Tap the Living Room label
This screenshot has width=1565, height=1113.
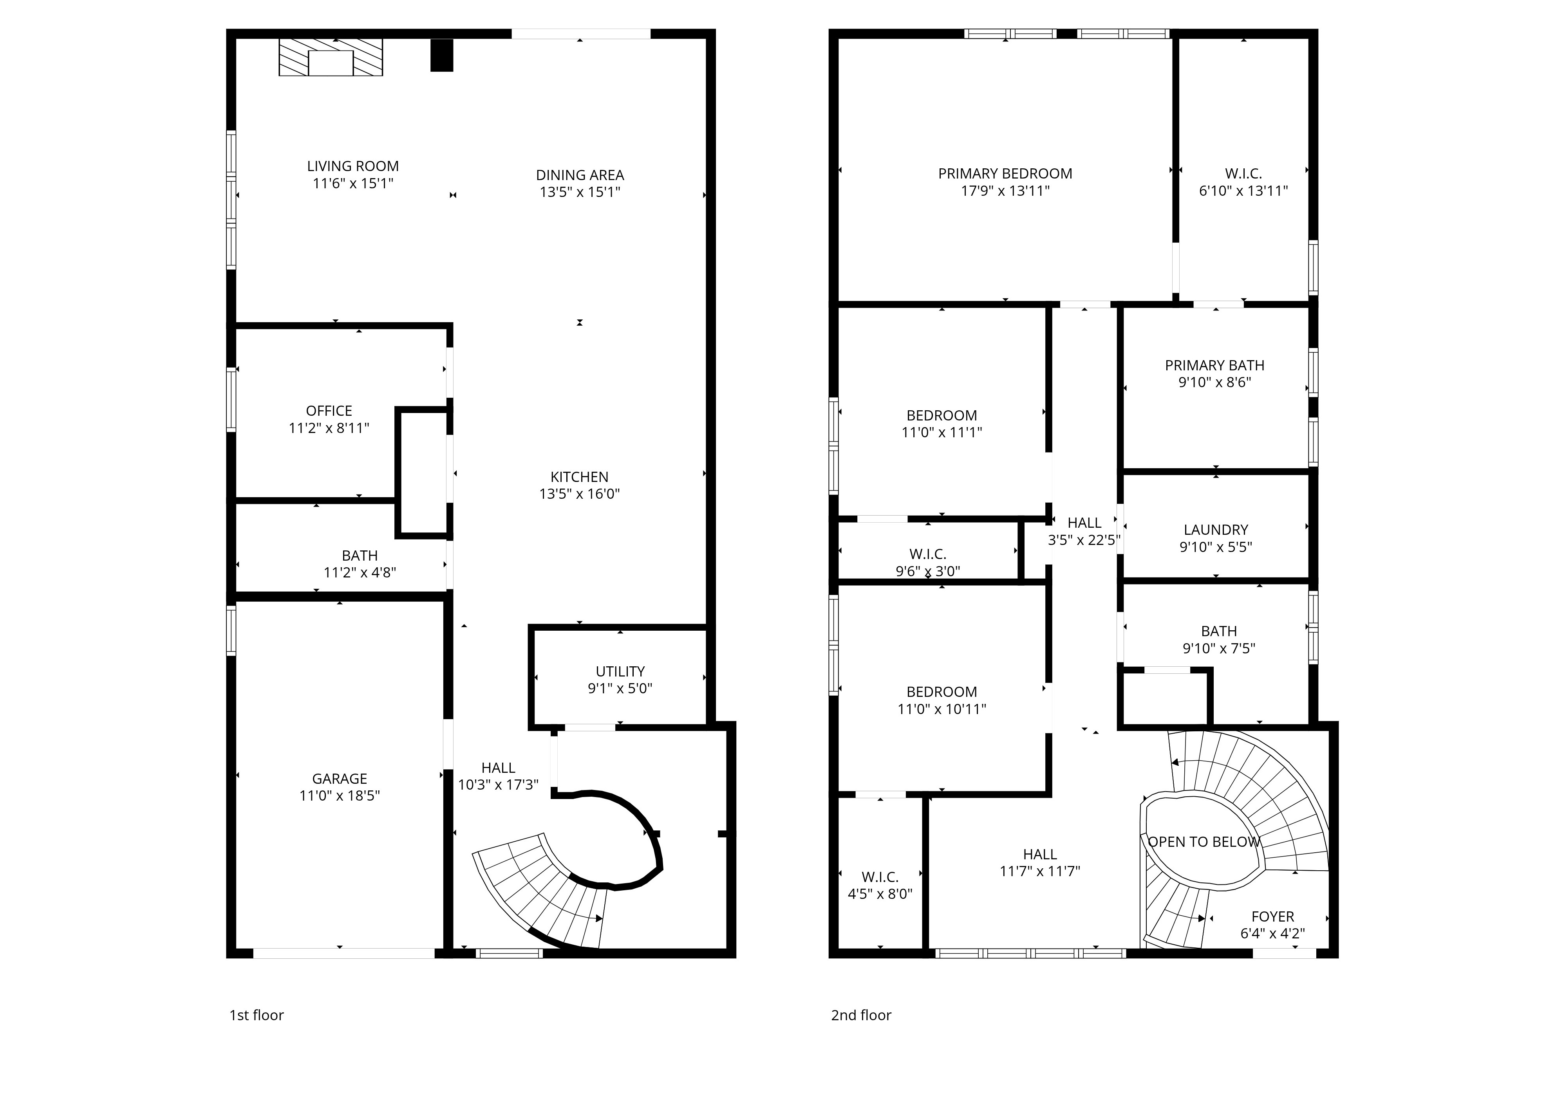pos(352,166)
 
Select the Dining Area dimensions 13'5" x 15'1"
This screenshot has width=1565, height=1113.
pos(580,192)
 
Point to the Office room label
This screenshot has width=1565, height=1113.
pos(329,411)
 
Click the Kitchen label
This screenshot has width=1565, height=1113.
pos(579,477)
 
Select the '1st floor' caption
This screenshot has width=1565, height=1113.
pos(257,1015)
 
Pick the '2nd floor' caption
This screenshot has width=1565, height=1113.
pos(861,1015)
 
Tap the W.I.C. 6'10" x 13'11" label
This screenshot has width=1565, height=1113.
pos(1243,182)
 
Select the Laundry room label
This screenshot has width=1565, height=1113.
pos(1216,530)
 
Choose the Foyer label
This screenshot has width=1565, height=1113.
pos(1273,917)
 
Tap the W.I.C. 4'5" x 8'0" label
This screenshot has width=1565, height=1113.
pos(880,886)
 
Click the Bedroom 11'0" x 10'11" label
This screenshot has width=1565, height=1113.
pos(942,700)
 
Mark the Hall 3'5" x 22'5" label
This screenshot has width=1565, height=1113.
pos(1084,531)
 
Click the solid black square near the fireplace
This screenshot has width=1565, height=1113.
pos(442,56)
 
